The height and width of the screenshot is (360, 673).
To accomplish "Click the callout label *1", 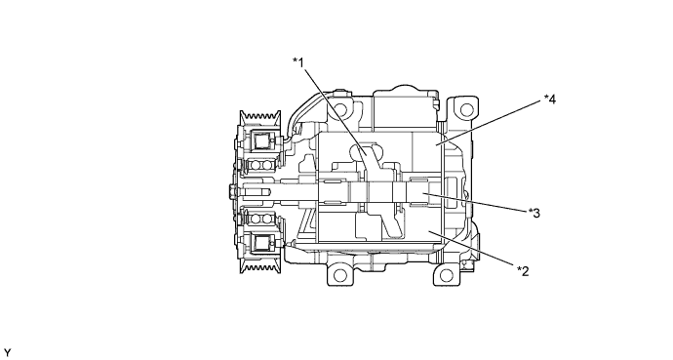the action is [x=298, y=62].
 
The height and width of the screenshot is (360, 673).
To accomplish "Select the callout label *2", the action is [x=523, y=271].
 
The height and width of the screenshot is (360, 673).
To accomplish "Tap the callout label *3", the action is [x=534, y=213].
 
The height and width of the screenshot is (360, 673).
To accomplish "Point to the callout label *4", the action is [x=550, y=100].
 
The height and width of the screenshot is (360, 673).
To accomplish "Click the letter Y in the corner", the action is [x=7, y=353].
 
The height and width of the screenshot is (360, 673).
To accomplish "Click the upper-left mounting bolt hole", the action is [x=340, y=107].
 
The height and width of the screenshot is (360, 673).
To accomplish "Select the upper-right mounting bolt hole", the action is [x=466, y=110].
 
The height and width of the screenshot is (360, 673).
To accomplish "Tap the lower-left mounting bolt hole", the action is [x=339, y=274].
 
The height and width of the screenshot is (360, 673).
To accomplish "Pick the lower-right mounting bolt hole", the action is [x=447, y=274].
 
